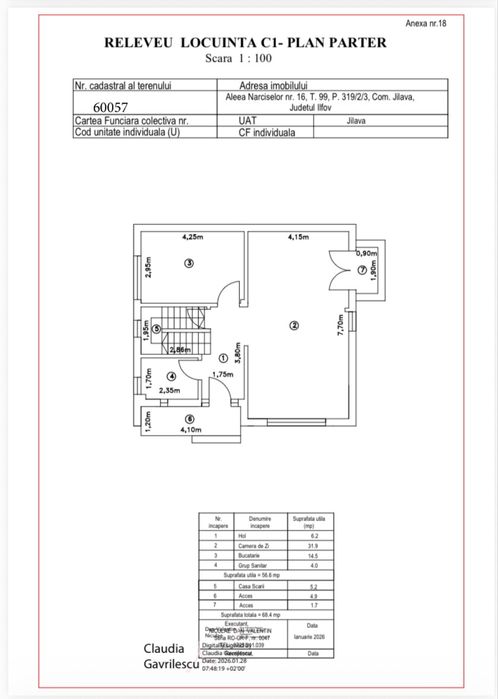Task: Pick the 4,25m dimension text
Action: (x=193, y=237)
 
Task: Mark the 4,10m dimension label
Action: (x=190, y=431)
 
